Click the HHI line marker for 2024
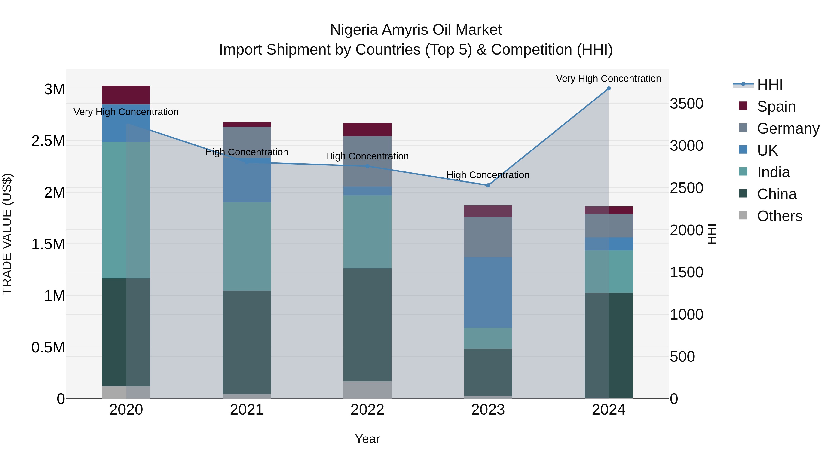[x=609, y=89]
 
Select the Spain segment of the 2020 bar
[x=126, y=95]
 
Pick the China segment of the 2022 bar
[x=367, y=325]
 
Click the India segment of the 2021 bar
[x=247, y=246]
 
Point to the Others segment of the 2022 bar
[x=367, y=390]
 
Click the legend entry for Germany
[x=788, y=128]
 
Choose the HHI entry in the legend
[x=769, y=85]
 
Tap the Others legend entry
[x=779, y=216]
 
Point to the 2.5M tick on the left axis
[x=48, y=141]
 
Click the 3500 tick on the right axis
[x=686, y=104]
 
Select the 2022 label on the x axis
[x=367, y=410]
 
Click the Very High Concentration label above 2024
[x=608, y=79]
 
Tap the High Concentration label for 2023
[x=488, y=175]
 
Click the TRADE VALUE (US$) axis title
[x=7, y=234]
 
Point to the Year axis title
[x=367, y=439]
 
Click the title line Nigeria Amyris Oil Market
[x=416, y=30]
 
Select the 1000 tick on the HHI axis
[x=686, y=315]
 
